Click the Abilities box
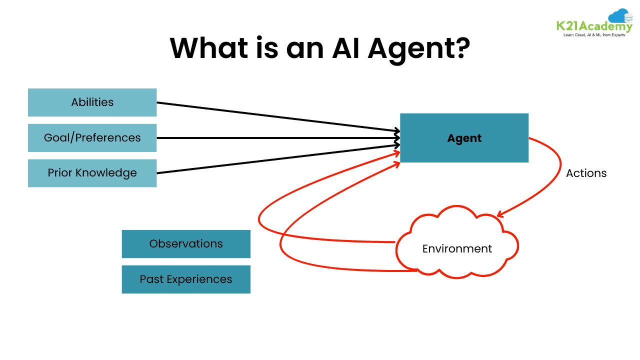pyautogui.click(x=92, y=102)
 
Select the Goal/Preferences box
pyautogui.click(x=92, y=138)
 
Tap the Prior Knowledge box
pyautogui.click(x=92, y=173)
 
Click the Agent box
pyautogui.click(x=464, y=138)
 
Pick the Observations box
pyautogui.click(x=186, y=244)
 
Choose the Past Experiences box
pyautogui.click(x=186, y=279)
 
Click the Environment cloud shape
pyautogui.click(x=457, y=248)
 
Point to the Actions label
pyautogui.click(x=586, y=173)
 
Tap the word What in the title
pyautogui.click(x=217, y=47)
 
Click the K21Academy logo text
pyautogui.click(x=593, y=26)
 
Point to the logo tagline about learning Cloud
pyautogui.click(x=594, y=35)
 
